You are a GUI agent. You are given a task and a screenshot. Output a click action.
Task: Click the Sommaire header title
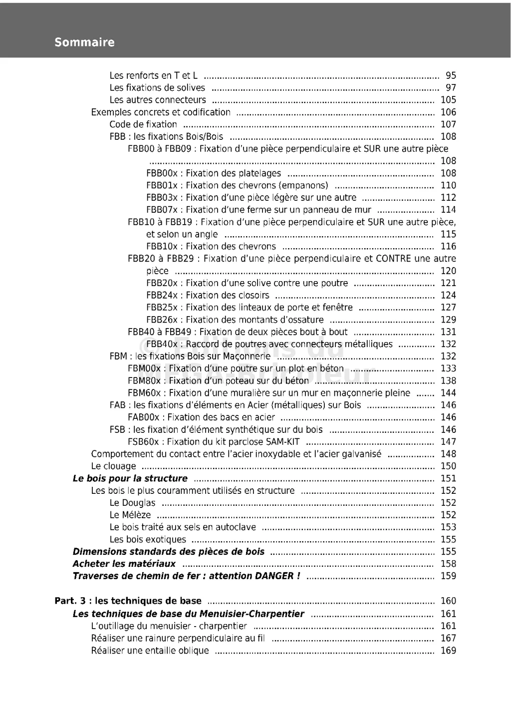(84, 42)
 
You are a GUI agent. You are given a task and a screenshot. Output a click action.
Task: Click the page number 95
(451, 76)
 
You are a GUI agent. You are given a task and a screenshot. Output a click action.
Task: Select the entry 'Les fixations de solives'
(157, 88)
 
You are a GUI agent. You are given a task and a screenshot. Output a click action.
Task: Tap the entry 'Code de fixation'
(143, 124)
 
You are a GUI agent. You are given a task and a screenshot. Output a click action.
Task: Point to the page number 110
(448, 185)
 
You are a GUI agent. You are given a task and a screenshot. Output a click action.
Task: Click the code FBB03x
(162, 198)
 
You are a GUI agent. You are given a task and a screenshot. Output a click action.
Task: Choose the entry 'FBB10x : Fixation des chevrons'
(211, 246)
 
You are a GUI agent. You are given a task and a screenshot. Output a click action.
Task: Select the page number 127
(448, 308)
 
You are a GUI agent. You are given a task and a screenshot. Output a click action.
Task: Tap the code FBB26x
(162, 320)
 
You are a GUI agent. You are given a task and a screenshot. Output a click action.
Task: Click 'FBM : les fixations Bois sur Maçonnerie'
(190, 357)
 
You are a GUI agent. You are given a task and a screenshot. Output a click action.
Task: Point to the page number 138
(448, 380)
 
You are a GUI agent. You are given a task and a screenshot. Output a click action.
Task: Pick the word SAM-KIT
(283, 442)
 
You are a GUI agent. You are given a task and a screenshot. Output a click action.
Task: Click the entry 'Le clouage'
(113, 466)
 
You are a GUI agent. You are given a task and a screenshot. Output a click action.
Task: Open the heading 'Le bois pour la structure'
(130, 478)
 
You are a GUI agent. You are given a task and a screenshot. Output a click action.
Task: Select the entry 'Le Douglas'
(132, 503)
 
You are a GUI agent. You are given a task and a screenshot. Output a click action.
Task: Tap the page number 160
(448, 601)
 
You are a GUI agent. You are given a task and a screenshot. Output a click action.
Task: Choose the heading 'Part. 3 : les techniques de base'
(128, 601)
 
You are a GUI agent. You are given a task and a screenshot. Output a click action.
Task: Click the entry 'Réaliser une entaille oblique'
(150, 651)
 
